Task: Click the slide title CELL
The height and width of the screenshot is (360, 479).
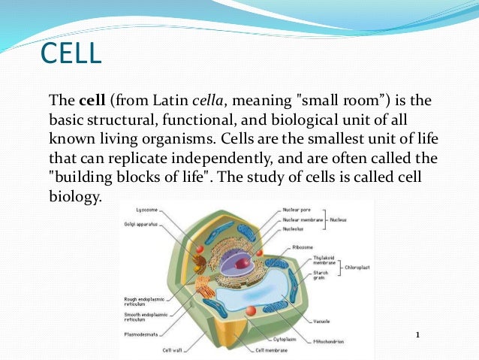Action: (70, 54)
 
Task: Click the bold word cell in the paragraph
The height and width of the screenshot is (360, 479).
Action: (92, 100)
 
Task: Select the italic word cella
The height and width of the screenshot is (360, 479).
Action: (208, 100)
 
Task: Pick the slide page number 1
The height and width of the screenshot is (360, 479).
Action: (417, 334)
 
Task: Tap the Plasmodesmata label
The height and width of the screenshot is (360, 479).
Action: (142, 333)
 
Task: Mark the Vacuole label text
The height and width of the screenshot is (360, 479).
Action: (323, 321)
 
